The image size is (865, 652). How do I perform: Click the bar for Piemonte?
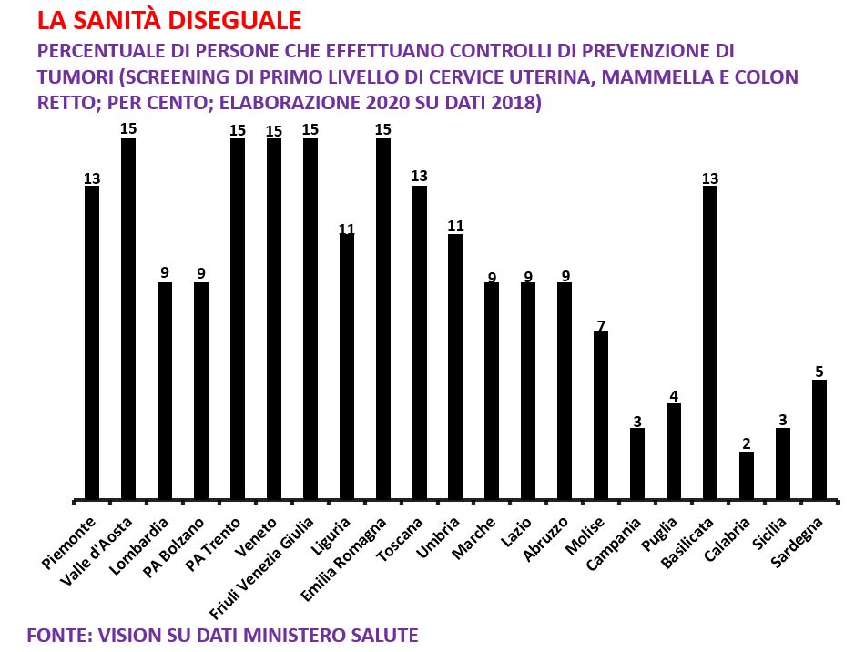pos(92,342)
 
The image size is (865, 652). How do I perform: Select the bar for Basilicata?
pos(710,342)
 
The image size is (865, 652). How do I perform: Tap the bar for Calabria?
pos(747,475)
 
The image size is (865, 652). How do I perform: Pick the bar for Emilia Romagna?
pos(383,319)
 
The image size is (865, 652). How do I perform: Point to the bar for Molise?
pos(601,415)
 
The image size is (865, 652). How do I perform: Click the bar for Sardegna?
pos(819,440)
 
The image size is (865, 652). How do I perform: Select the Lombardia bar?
pos(165,391)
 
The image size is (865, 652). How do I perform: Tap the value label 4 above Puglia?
pos(674,396)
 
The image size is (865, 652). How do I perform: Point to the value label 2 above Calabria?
pos(747,444)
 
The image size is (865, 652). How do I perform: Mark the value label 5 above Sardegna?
pos(819,372)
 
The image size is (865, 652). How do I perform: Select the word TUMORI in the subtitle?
pos(73,76)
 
